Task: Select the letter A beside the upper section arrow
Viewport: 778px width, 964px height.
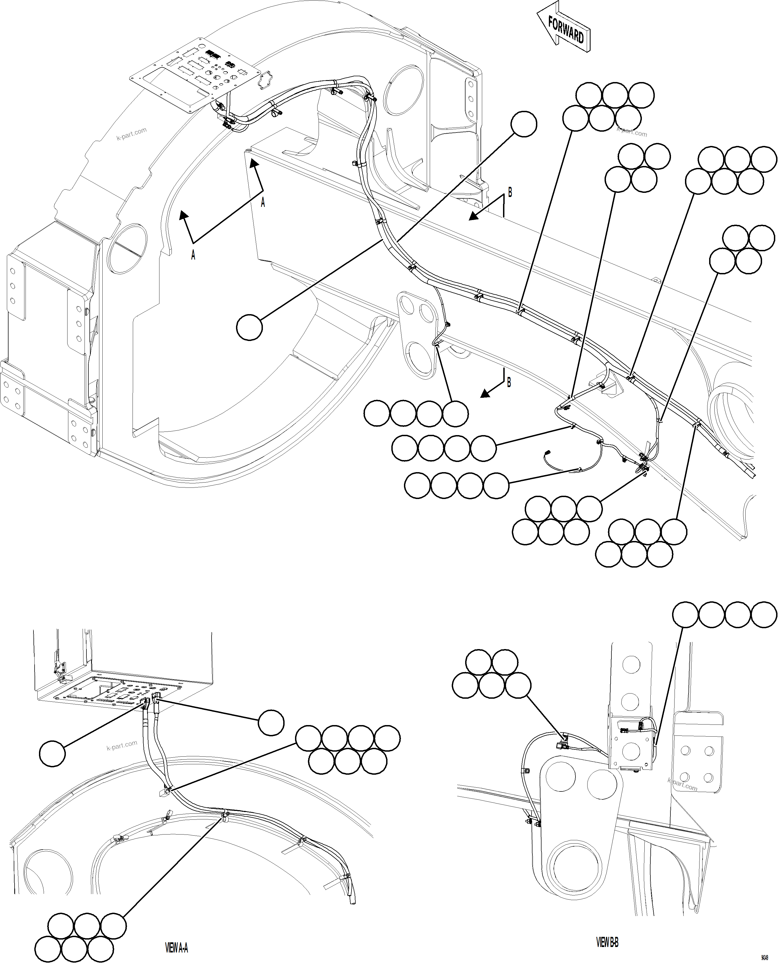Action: coord(263,203)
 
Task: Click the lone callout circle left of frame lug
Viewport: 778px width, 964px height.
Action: coord(249,328)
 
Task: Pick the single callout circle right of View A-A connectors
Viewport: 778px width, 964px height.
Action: coord(271,722)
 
